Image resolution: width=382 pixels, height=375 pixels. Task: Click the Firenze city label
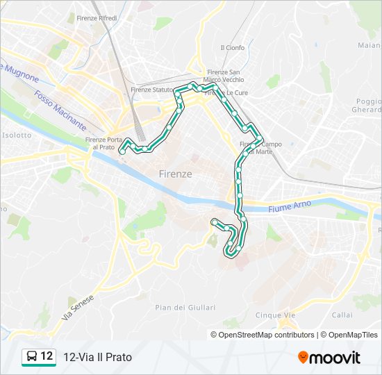coord(175,174)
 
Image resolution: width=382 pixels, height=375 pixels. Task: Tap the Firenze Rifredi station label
coord(97,17)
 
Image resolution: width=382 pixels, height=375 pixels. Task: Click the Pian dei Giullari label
coord(185,307)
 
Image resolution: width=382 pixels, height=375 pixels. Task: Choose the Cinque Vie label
coord(276,315)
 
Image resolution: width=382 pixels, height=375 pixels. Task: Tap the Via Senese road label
coord(77,306)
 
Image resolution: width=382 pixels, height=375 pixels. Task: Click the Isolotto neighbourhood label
coord(17,135)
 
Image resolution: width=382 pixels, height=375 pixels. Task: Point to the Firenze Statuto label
coord(153,90)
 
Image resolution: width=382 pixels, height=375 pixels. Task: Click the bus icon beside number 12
coord(31,357)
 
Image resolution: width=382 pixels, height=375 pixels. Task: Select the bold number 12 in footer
coord(47,356)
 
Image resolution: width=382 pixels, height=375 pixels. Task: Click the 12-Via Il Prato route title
coord(97,357)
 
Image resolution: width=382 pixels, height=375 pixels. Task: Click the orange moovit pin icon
coord(304,358)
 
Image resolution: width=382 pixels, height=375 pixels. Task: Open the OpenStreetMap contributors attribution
coord(267,335)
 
